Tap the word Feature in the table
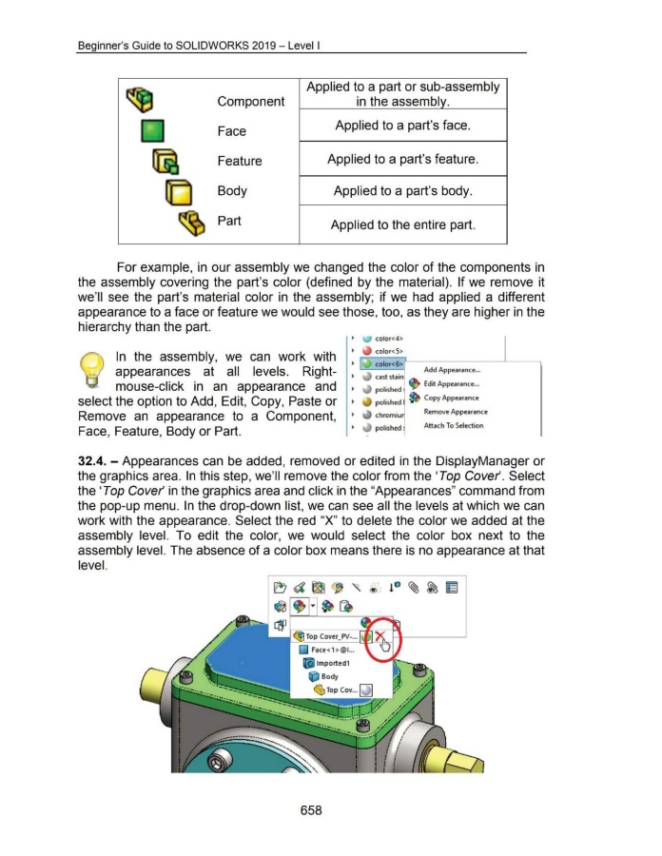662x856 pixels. (x=239, y=161)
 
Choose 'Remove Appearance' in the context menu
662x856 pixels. (x=456, y=412)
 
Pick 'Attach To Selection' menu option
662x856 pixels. (x=455, y=425)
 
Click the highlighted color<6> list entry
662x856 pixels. (x=380, y=363)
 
